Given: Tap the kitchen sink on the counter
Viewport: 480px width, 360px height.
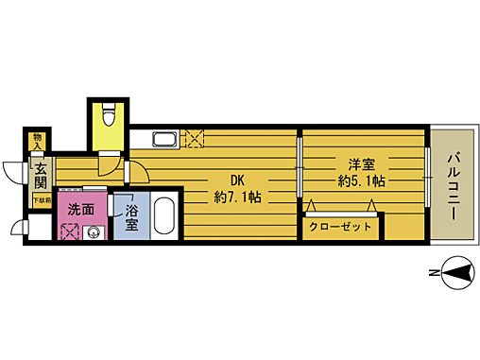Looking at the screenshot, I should [163, 141].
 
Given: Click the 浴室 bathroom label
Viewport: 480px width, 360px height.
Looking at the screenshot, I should [130, 218].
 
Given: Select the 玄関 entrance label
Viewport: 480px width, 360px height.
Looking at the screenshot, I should [41, 175].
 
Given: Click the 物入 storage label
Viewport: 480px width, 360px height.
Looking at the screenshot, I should [37, 142].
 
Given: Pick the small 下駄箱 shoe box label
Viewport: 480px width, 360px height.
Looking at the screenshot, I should [42, 200].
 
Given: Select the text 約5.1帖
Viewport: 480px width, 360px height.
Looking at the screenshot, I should [362, 179].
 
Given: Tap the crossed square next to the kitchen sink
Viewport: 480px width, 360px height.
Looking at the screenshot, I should [195, 140].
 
